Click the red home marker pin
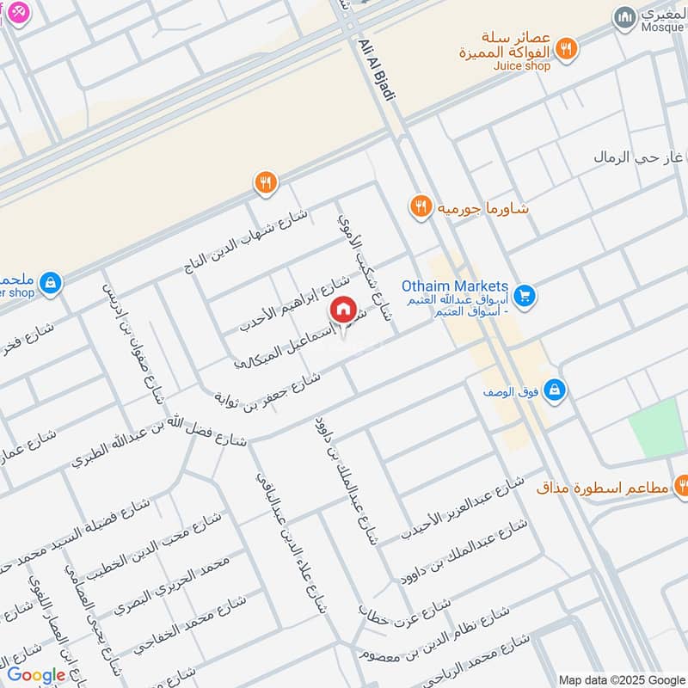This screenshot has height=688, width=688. [342, 310]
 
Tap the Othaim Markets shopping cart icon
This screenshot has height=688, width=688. [526, 296]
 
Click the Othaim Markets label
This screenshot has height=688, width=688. [454, 286]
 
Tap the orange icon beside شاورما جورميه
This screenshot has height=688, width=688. [420, 206]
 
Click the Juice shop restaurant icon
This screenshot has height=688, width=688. [565, 49]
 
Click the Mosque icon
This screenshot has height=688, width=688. [624, 16]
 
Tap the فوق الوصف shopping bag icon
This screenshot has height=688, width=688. [556, 389]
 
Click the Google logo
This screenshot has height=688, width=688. [36, 675]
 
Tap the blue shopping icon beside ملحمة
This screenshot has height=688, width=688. [51, 282]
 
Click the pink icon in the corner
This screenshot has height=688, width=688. [16, 14]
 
